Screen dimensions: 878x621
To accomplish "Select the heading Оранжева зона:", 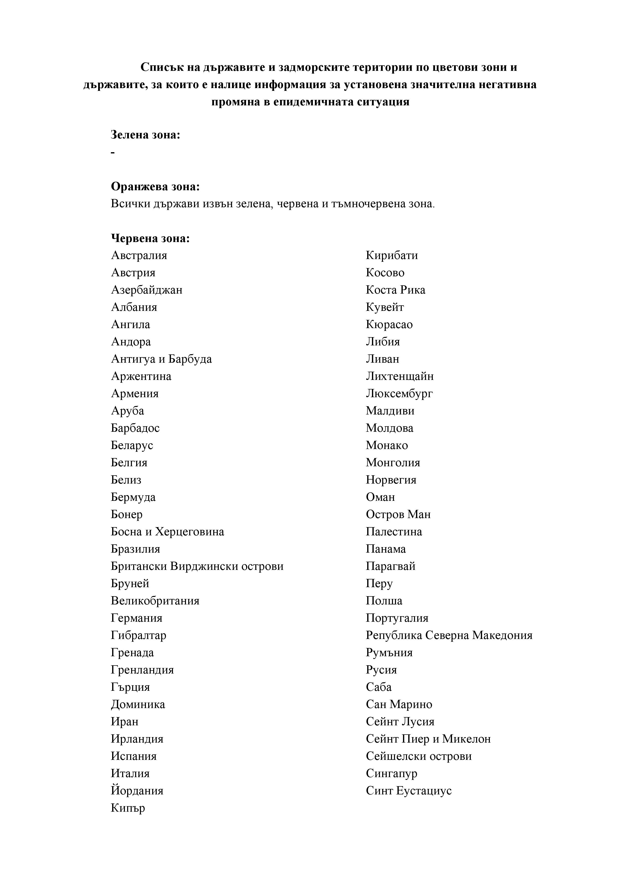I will click(155, 187).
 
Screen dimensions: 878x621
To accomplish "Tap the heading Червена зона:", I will click(150, 239).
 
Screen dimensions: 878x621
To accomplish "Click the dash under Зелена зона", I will click(113, 153).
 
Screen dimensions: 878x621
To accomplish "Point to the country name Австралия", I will click(139, 256).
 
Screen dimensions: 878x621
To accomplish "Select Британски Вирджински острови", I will click(197, 566).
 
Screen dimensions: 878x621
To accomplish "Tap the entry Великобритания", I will click(155, 601).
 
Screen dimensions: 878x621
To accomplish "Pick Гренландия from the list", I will click(142, 670).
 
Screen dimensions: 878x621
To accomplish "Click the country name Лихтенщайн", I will click(399, 376).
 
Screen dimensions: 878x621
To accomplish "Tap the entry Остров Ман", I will click(398, 514).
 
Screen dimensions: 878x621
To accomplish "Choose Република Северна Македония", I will click(449, 635).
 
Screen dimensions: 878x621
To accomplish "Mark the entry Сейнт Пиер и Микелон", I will click(428, 739).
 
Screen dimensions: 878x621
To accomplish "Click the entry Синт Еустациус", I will click(408, 791).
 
